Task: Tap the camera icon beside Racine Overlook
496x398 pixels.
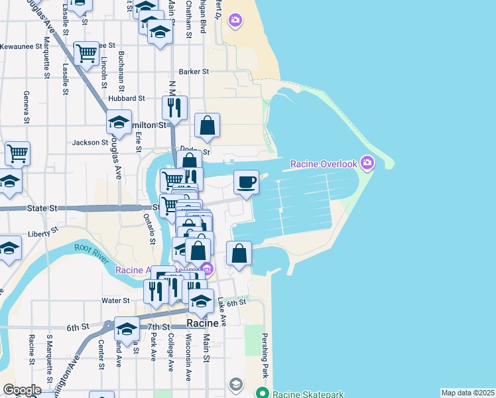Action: [x=367, y=163]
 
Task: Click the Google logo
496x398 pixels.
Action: [x=21, y=390]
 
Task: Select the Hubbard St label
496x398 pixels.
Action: [x=127, y=98]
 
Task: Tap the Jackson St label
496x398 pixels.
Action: [x=90, y=142]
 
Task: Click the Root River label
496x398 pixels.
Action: [x=90, y=251]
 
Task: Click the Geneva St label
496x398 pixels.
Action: [x=27, y=107]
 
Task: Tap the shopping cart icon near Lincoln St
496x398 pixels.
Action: [x=87, y=53]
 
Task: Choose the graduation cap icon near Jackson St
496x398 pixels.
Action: [x=119, y=121]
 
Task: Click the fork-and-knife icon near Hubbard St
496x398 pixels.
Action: [x=174, y=107]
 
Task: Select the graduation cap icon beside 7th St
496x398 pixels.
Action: [x=127, y=328]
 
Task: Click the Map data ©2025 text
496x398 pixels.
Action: [x=468, y=393]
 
